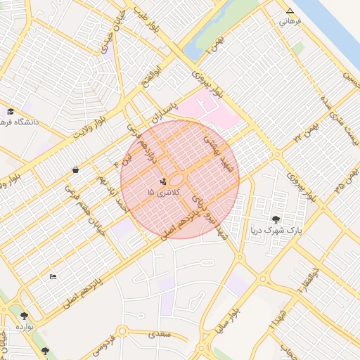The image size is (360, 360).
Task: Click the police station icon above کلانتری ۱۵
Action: (163, 181)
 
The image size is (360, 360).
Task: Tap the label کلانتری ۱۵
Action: (163, 192)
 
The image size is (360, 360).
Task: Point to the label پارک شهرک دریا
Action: (276, 230)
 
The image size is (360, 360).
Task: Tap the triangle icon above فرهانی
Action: (290, 11)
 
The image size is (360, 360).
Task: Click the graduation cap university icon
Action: (11, 112)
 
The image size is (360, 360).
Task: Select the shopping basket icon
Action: (75, 169)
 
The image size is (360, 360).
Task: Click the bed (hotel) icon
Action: (53, 276)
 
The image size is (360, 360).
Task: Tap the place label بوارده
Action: (25, 327)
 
